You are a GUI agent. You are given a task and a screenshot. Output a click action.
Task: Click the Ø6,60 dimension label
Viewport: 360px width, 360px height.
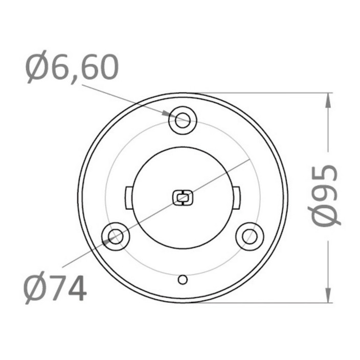[x=72, y=67]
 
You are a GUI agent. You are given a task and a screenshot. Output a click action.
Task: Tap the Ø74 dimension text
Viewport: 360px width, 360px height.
[x=55, y=288]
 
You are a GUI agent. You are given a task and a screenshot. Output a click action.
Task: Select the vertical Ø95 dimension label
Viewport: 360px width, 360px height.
[x=324, y=196]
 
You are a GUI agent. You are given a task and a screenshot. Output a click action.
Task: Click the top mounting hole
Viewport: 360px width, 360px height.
[x=183, y=120]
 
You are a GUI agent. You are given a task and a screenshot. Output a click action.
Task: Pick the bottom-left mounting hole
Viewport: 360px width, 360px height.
[x=116, y=236]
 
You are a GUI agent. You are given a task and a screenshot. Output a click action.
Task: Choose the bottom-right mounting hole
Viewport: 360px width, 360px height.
[x=250, y=236]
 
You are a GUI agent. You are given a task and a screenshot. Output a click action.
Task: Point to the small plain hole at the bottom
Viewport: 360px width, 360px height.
[x=183, y=280]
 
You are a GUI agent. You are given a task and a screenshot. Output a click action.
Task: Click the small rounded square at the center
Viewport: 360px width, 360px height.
[x=183, y=197]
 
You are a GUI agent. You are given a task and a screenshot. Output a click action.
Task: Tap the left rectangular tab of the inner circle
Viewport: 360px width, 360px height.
[x=129, y=198]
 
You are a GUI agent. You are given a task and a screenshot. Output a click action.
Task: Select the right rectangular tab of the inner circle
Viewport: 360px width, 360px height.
[x=236, y=198]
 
